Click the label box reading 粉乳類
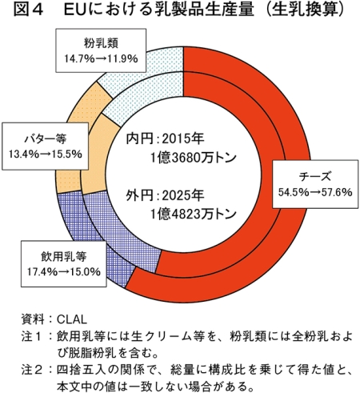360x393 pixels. [101, 50]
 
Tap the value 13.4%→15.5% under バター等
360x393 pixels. [46, 154]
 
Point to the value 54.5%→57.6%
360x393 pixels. [315, 192]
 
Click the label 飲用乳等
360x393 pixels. [64, 257]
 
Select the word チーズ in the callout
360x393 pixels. [315, 177]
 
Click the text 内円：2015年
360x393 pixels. [165, 139]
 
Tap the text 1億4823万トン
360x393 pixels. [193, 214]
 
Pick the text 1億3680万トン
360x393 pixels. [193, 158]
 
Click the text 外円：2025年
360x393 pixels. [165, 195]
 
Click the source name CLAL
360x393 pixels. [72, 319]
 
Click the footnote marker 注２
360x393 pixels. [32, 370]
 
